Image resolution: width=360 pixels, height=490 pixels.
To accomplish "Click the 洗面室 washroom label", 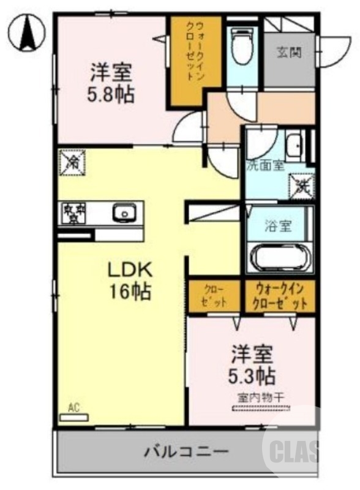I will (265, 165).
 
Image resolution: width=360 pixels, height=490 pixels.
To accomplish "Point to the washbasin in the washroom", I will (293, 146).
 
